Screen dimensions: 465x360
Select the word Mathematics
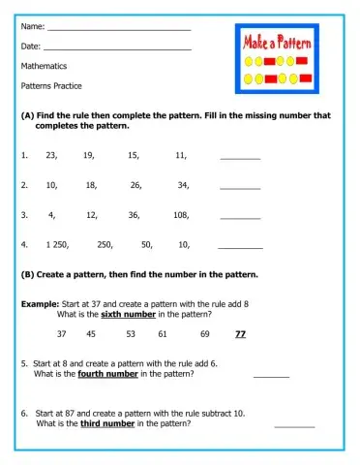tap(44, 67)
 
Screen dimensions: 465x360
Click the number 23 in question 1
tap(51, 155)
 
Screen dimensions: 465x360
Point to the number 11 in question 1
tap(181, 155)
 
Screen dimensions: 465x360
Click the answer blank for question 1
tap(240, 157)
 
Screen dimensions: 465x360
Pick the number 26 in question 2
tap(135, 184)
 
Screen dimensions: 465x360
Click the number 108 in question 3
tap(181, 214)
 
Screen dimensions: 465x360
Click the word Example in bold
tap(40, 303)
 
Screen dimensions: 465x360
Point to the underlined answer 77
tap(240, 334)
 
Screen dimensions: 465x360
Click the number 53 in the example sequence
tap(130, 334)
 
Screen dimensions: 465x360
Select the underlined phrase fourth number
tap(108, 374)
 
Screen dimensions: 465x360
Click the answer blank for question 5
tap(271, 375)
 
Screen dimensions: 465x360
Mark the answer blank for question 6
tap(294, 424)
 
